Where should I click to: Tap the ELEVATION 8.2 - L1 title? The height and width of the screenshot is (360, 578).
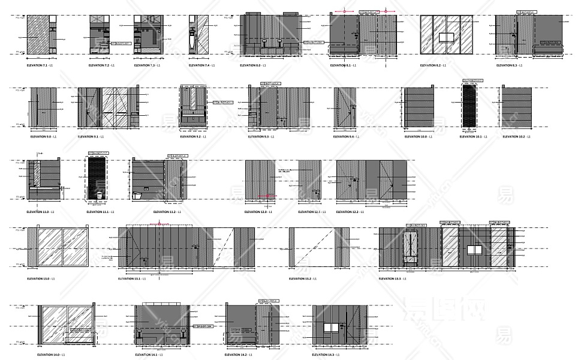432,65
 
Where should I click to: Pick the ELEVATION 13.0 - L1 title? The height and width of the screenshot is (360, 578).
41,279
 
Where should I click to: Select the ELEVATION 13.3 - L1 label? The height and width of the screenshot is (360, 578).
392,279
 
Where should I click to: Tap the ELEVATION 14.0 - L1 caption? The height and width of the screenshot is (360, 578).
48,355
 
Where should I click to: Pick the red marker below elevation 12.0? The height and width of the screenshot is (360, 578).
266,196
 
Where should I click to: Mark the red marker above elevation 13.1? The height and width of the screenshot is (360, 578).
159,224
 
